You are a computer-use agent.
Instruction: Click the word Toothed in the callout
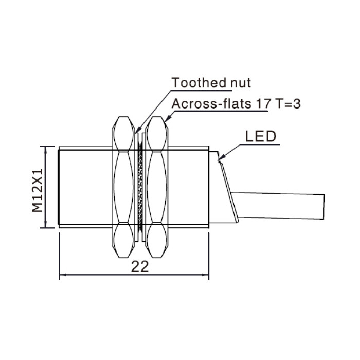coord(199,83)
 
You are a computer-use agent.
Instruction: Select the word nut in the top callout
coord(241,83)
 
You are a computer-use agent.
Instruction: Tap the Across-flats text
coord(211,104)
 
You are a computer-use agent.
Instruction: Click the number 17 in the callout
coord(263,104)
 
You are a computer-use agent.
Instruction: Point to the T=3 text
coord(288,104)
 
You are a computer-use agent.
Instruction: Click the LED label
coord(261,137)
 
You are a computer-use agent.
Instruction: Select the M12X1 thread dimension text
coord(38,190)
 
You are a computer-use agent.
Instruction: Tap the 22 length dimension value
coord(140,267)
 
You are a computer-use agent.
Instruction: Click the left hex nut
coord(123,187)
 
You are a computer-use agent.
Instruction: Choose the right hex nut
coord(156,187)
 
